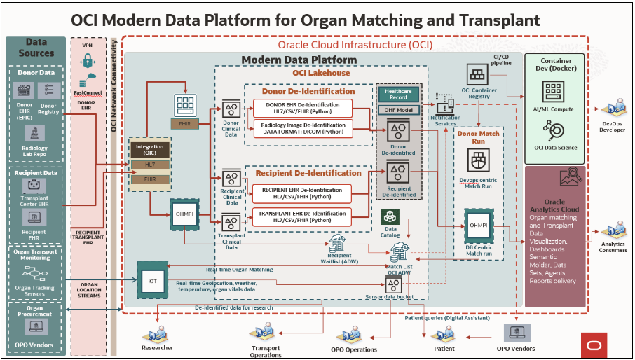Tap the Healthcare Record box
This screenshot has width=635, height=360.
point(399,94)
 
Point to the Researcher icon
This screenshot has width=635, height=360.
point(156,335)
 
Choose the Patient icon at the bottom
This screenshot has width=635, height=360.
point(444,333)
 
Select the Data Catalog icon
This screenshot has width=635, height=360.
point(390,216)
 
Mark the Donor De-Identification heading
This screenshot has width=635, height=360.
point(308,91)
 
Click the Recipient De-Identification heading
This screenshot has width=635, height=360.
point(308,173)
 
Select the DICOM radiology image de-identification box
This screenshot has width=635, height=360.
point(303,128)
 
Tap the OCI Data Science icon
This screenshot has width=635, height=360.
point(554,130)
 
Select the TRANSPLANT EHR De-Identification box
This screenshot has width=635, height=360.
point(303,216)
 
